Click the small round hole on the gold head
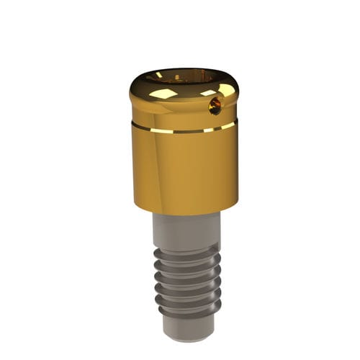click(x=215, y=107)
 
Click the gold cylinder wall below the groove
click(x=184, y=169)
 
